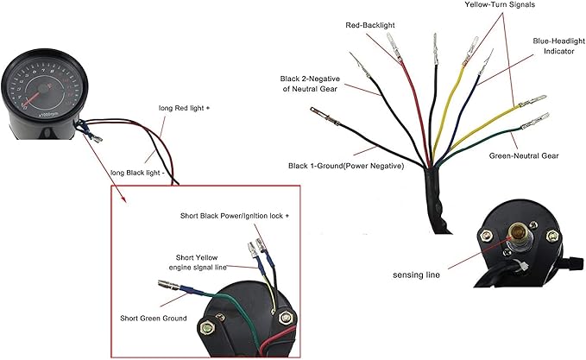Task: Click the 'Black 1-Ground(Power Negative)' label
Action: tap(346, 165)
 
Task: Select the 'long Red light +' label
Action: tap(183, 108)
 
